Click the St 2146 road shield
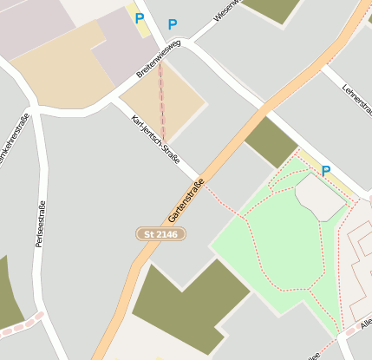pos(160,234)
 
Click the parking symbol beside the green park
pos(326,171)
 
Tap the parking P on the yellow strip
pos(139,17)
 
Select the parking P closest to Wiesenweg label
pos(172,25)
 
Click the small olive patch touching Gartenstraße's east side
pos(271,141)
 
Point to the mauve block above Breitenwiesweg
pos(121,48)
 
